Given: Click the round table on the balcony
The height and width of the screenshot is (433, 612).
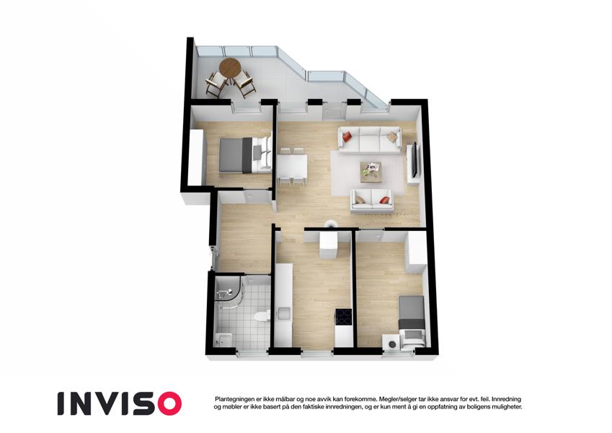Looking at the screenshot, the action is pyautogui.click(x=230, y=68).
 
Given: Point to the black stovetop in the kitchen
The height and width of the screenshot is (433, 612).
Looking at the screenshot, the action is pyautogui.click(x=343, y=316).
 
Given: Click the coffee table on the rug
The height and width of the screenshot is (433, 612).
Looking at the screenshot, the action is pyautogui.click(x=371, y=172).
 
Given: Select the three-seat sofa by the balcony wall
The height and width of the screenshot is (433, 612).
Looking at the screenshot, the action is pyautogui.click(x=369, y=139).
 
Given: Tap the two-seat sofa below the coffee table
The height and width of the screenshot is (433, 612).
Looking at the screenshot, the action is pyautogui.click(x=372, y=200).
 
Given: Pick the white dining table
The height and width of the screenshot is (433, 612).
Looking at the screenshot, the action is pyautogui.click(x=292, y=166).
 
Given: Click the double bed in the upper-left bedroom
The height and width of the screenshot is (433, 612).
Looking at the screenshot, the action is pyautogui.click(x=245, y=154).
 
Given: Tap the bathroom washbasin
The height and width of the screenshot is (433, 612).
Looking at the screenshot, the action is pyautogui.click(x=223, y=340).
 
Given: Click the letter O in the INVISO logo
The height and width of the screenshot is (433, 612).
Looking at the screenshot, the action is pyautogui.click(x=167, y=403).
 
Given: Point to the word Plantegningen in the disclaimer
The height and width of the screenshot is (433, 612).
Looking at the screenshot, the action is pyautogui.click(x=234, y=399).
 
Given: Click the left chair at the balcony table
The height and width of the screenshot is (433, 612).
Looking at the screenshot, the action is pyautogui.click(x=215, y=83).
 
